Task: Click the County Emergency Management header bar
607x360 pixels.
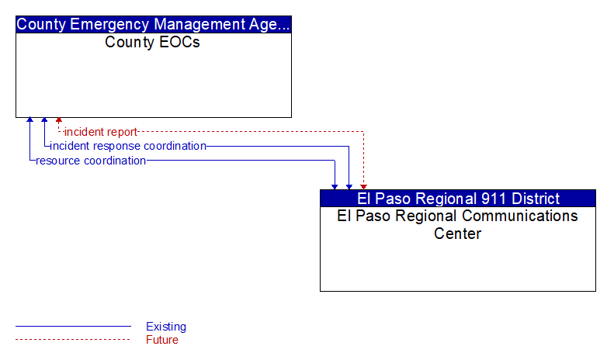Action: click(x=154, y=24)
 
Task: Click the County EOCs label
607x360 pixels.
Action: click(x=152, y=42)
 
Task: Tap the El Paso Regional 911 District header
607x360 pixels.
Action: click(x=458, y=199)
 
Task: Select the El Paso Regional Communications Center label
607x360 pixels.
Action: click(x=457, y=224)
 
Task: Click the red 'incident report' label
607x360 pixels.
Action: click(x=101, y=132)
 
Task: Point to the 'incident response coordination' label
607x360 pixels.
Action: click(x=128, y=146)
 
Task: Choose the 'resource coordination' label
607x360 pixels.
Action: click(x=91, y=161)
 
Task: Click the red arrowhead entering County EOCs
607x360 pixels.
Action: click(x=59, y=120)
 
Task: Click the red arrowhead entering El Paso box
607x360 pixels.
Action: click(x=363, y=187)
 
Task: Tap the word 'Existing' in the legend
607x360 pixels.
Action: click(x=166, y=327)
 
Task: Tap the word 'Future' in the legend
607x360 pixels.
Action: click(x=162, y=340)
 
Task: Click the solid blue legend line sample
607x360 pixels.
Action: click(x=73, y=327)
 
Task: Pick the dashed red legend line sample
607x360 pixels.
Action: click(x=73, y=340)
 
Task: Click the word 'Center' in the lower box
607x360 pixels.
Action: click(x=457, y=234)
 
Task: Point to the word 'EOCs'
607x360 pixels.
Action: click(x=179, y=42)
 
